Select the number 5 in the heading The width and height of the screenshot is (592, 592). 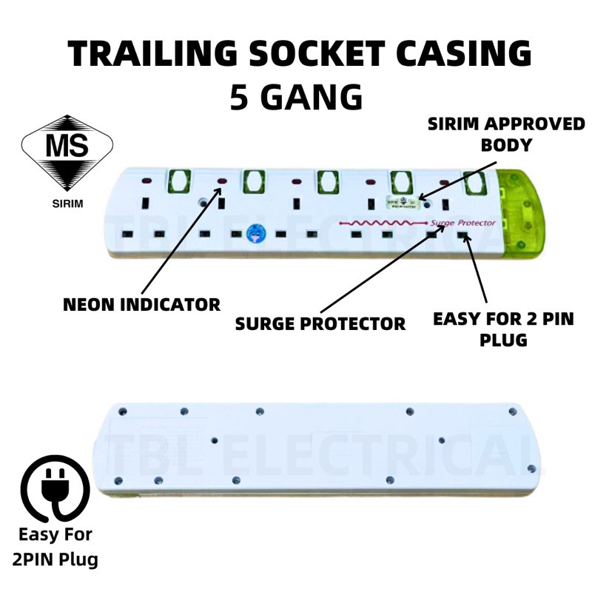click(x=239, y=96)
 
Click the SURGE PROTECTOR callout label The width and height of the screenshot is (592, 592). click(x=320, y=323)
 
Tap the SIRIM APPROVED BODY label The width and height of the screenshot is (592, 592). click(x=505, y=134)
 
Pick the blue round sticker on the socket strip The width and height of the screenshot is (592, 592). click(x=254, y=235)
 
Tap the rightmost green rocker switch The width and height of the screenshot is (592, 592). click(x=471, y=183)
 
